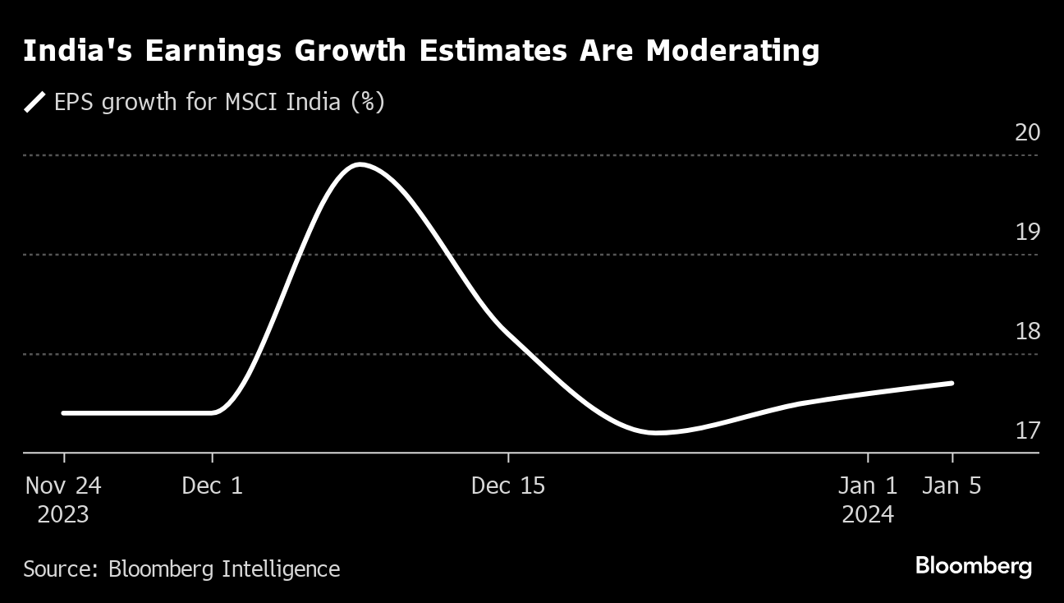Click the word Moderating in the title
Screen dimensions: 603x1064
pyautogui.click(x=732, y=51)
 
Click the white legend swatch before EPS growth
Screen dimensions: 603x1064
pyautogui.click(x=35, y=103)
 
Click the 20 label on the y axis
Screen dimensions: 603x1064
pyautogui.click(x=1027, y=132)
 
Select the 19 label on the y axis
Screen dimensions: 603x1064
pyautogui.click(x=1027, y=232)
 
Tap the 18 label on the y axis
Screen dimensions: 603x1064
pyautogui.click(x=1027, y=331)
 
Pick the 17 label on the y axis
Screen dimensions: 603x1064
pyautogui.click(x=1027, y=430)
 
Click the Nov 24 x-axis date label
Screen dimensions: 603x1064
pyautogui.click(x=63, y=486)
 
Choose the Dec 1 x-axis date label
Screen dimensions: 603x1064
pyautogui.click(x=213, y=486)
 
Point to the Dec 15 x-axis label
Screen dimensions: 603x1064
pyautogui.click(x=508, y=486)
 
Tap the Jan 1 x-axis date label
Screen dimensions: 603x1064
pyautogui.click(x=868, y=486)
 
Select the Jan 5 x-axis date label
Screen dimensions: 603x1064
pyautogui.click(x=952, y=486)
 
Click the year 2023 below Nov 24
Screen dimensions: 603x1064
pyautogui.click(x=63, y=515)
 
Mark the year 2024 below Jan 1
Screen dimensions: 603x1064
pyautogui.click(x=868, y=515)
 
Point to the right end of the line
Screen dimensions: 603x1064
pyautogui.click(x=952, y=383)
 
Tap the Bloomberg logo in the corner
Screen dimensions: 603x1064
pyautogui.click(x=974, y=566)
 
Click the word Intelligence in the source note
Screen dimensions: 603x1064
pyautogui.click(x=282, y=568)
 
